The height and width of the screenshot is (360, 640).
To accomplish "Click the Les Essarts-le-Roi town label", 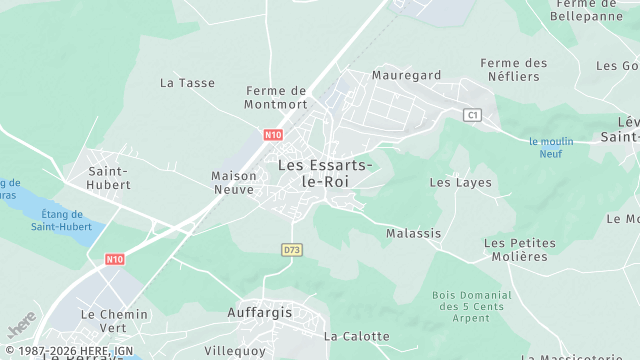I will coord(326,173).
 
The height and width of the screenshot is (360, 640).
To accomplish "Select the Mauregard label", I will coord(406,75).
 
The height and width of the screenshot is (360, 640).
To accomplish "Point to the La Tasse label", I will coord(187,83).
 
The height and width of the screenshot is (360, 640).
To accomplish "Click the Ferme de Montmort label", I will coord(275,97).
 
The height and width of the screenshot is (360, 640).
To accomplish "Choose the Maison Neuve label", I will coord(234,182).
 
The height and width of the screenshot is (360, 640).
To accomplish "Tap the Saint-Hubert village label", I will coord(108,177).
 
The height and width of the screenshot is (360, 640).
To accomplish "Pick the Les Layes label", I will coord(461,183).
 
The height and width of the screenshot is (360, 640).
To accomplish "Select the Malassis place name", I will coord(414,233).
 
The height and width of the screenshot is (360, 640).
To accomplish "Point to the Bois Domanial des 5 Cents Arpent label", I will coord(471,306).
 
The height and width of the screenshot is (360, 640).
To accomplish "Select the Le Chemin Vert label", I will coord(114,320).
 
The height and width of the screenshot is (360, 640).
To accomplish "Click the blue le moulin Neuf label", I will coord(552,147).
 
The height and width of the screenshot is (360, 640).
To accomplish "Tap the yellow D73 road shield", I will coord(291,249).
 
